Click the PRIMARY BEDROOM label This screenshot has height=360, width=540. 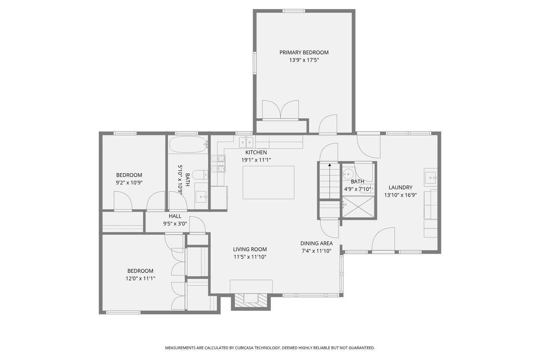tap(304, 52)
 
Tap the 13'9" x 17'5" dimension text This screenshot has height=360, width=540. tap(304, 60)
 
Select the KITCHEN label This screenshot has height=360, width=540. tap(256, 152)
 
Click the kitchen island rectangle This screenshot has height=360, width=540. tap(268, 182)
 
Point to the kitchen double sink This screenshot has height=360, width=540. tap(246, 142)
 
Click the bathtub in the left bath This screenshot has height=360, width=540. tap(188, 144)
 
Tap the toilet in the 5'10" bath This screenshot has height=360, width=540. tap(201, 175)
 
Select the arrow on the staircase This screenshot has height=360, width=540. tap(329, 180)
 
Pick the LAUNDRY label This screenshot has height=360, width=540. tap(400, 187)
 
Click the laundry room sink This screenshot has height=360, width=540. tap(431, 177)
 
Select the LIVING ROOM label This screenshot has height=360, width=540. tap(250, 249)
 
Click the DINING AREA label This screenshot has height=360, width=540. tap(316, 243)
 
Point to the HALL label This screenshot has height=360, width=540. tap(175, 216)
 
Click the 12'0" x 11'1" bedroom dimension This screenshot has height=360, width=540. tap(140, 279)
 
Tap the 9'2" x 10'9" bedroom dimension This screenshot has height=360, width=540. tap(129, 183)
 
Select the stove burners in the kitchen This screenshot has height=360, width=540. tap(218, 164)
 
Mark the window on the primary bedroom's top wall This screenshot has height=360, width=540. tap(294, 11)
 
